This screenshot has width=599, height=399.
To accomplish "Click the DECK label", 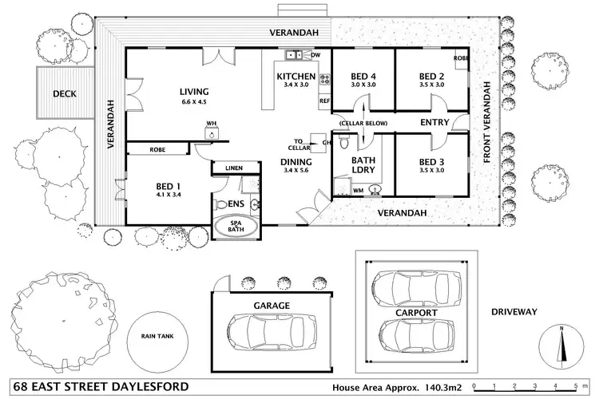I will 64,93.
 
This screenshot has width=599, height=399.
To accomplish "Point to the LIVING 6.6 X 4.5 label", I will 194,97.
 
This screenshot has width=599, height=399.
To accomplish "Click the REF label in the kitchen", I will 324,102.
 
